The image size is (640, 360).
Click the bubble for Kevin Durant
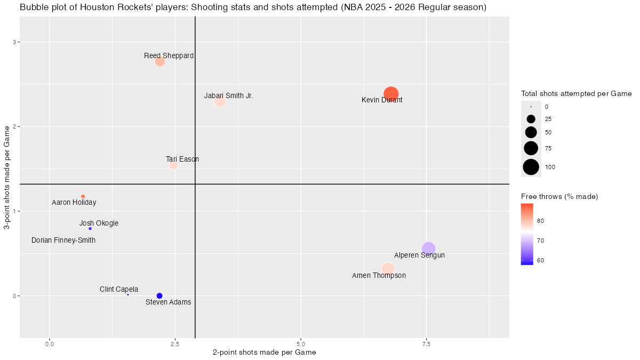point(391,94)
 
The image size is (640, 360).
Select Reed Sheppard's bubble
point(159,61)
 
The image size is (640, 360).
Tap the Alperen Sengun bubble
point(428,249)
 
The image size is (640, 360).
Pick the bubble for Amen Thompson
point(388,269)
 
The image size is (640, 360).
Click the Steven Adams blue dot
point(159,296)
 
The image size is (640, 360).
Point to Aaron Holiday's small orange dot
point(83,196)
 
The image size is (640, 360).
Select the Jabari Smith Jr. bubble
point(220,101)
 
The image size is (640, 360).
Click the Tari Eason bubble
point(173,164)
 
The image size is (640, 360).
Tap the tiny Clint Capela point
point(128,294)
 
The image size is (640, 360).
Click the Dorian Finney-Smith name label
point(63,241)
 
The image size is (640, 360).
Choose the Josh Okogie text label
point(99,223)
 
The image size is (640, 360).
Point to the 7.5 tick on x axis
point(426,344)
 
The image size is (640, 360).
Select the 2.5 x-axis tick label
point(174,344)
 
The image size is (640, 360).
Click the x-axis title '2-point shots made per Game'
point(265,353)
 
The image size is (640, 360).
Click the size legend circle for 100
point(531,167)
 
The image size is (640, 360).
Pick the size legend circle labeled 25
point(531,119)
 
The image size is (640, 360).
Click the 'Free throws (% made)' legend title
point(559,197)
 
